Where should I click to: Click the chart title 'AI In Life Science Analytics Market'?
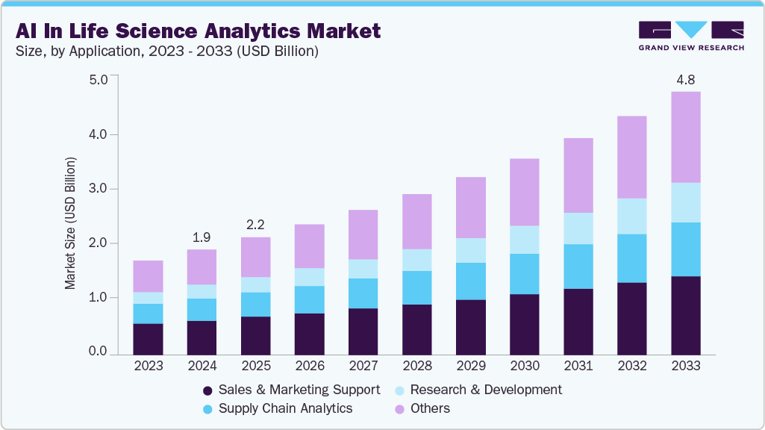pyautogui.click(x=198, y=31)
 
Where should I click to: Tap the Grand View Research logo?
pyautogui.click(x=691, y=35)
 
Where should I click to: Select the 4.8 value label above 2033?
pyautogui.click(x=685, y=79)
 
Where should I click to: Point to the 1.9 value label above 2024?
pyautogui.click(x=202, y=237)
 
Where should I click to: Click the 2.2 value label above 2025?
pyautogui.click(x=255, y=224)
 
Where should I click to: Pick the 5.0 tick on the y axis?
pyautogui.click(x=99, y=79)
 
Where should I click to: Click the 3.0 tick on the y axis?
pyautogui.click(x=99, y=189)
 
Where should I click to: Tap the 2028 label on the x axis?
pyautogui.click(x=416, y=366)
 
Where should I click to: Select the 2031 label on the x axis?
pyautogui.click(x=578, y=366)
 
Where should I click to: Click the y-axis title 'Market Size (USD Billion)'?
pyautogui.click(x=70, y=223)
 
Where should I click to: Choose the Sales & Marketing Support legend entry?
pyautogui.click(x=291, y=390)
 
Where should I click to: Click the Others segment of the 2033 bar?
pyautogui.click(x=685, y=137)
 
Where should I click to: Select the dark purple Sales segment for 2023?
pyautogui.click(x=148, y=339)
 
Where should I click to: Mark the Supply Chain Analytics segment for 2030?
pyautogui.click(x=524, y=274)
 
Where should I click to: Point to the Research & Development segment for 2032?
pyautogui.click(x=631, y=216)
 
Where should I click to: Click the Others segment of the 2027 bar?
pyautogui.click(x=363, y=234)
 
